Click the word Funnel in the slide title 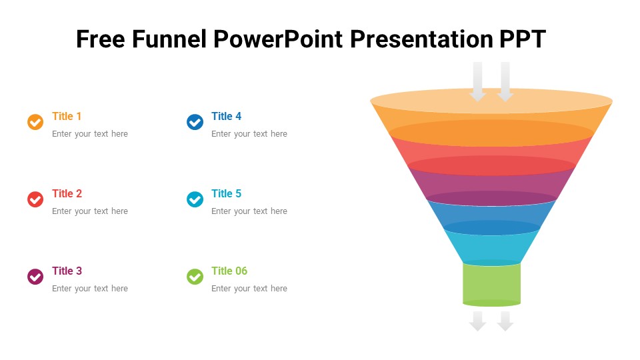pos(169,39)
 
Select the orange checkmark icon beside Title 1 pos(35,122)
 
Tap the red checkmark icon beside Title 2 pos(35,199)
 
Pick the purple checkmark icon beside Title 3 pos(35,277)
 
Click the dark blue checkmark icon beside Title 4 pos(195,122)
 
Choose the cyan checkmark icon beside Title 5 pos(195,199)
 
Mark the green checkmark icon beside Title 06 pos(195,277)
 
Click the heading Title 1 pos(67,116)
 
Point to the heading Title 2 pos(67,193)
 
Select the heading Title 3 pos(67,271)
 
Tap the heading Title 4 pos(226,116)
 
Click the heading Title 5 pos(226,193)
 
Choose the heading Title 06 pos(229,271)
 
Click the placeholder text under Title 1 pos(90,134)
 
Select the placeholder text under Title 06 pos(249,289)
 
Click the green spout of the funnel pos(491,284)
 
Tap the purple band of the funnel pos(491,183)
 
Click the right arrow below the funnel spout pos(505,321)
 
